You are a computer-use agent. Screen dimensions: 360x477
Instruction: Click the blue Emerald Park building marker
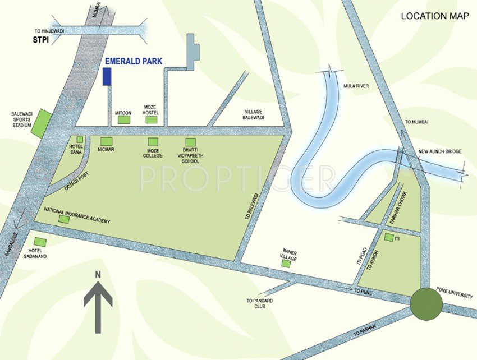[107, 77]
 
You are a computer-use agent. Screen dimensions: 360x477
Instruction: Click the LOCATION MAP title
[434, 16]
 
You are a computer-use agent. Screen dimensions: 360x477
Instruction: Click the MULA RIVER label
[355, 86]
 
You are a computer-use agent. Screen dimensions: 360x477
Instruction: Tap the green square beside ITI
[388, 238]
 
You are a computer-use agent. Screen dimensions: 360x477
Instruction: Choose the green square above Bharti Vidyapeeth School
[191, 141]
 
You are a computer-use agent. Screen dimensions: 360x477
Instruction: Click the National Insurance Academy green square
[64, 219]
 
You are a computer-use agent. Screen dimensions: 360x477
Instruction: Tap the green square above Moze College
[152, 141]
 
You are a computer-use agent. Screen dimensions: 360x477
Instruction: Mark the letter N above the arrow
[98, 275]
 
